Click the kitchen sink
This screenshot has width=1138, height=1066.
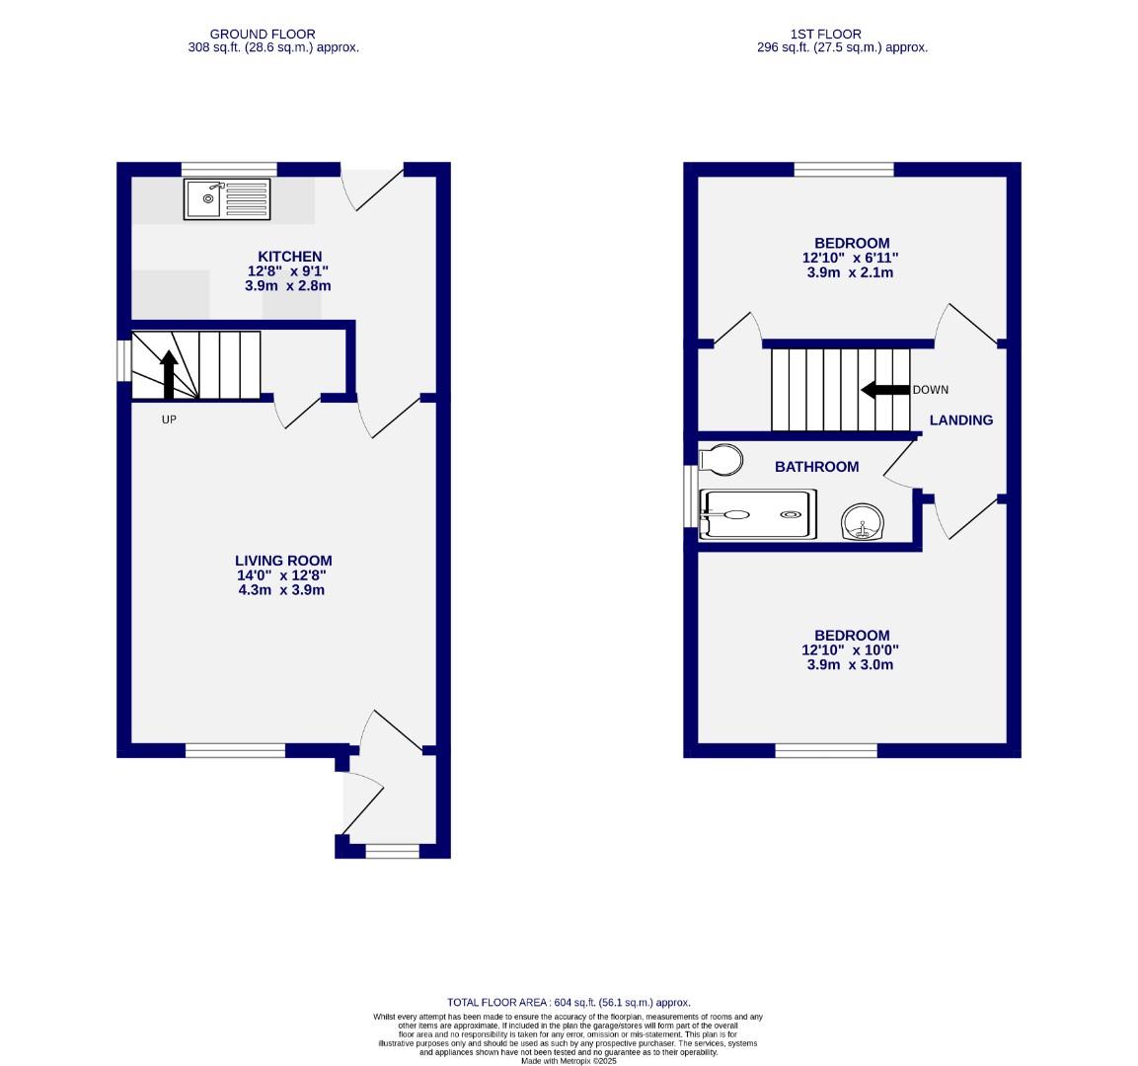pos(226,199)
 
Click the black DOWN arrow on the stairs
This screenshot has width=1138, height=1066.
pos(885,390)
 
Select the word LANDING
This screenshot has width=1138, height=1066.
pos(960,420)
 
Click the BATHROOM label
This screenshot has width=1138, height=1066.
pos(816,467)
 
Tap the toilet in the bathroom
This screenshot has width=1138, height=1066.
pos(721,459)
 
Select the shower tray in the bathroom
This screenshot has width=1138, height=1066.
pos(758,514)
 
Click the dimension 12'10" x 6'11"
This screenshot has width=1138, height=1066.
pos(851,258)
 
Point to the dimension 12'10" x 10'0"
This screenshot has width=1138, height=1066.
pos(851,650)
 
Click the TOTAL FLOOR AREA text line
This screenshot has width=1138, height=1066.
pos(569,1002)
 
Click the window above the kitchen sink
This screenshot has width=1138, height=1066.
pos(229,169)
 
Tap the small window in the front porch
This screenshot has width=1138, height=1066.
pos(392,851)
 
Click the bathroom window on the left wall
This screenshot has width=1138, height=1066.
pos(690,496)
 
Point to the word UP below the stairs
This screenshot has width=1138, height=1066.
pos(168,419)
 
